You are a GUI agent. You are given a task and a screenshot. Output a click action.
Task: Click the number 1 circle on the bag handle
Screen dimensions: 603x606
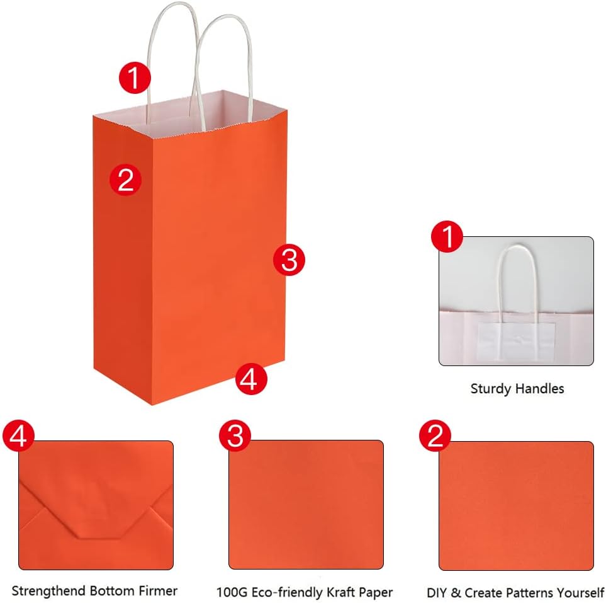click(135, 79)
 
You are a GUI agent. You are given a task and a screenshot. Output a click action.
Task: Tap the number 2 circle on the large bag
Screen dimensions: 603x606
click(125, 180)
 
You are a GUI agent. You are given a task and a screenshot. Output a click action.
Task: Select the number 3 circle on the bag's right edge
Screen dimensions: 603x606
click(289, 260)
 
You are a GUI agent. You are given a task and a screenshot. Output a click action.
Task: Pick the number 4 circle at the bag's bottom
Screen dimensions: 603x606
click(250, 379)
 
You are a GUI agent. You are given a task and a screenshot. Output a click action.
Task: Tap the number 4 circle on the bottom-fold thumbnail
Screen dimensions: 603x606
click(18, 436)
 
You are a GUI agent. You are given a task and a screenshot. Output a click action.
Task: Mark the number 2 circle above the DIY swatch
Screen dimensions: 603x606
click(435, 436)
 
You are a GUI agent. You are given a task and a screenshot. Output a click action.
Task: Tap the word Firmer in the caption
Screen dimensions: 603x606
click(157, 591)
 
